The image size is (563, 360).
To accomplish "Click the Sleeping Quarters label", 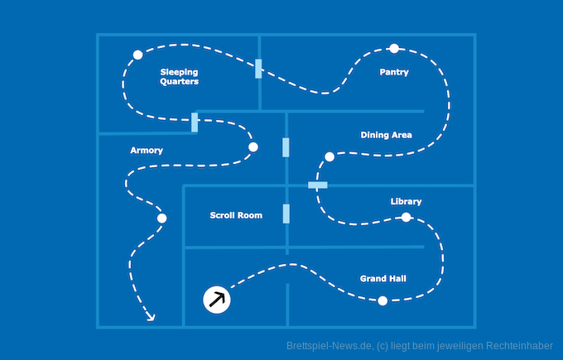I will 179,77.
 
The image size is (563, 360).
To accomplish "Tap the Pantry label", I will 394,72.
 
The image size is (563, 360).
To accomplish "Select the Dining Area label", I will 386,135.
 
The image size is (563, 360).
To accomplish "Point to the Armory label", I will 147,151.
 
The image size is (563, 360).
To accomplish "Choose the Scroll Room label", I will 236,215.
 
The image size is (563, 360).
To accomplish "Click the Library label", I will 406,201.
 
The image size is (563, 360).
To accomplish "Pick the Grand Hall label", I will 383,278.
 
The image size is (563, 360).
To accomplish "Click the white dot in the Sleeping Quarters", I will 137,55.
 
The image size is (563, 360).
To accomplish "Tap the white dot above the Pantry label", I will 394,48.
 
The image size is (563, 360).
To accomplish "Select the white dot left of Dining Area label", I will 330,156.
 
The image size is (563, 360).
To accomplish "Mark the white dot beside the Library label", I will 406,218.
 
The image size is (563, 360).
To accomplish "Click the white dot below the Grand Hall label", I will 383,301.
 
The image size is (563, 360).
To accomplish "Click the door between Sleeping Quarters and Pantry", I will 259,69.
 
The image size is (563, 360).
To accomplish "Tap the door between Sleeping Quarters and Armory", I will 195,122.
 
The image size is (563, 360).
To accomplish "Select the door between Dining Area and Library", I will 318,185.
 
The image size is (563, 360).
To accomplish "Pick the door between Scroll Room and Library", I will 286,214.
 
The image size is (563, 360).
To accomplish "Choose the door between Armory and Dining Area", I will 286,147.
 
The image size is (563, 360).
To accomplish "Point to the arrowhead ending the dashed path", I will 151,316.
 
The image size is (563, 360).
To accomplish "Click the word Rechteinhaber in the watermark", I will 520,346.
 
